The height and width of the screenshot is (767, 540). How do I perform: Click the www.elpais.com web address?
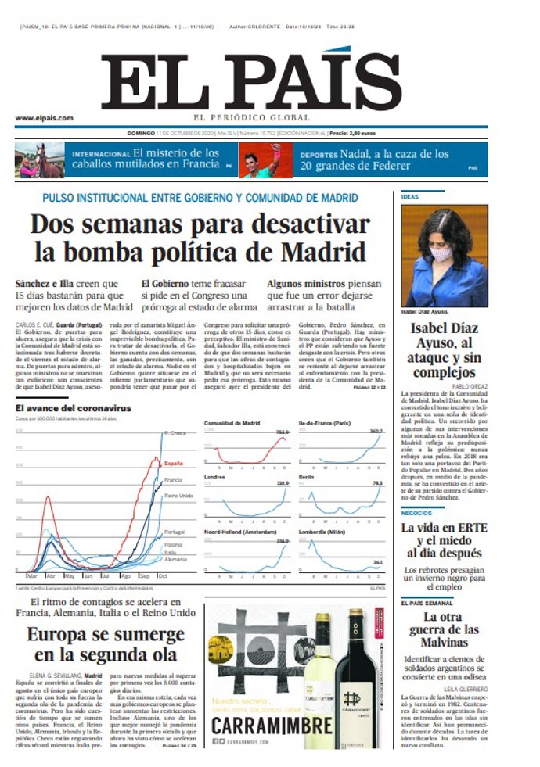pos(44,119)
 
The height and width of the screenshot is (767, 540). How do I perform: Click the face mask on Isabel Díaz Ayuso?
pos(441,254)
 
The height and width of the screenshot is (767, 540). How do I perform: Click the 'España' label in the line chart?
pos(173,463)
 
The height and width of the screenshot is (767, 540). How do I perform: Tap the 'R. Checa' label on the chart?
pos(175,432)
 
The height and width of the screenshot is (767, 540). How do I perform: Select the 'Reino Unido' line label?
pos(179,496)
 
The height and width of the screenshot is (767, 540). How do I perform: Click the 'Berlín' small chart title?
pos(307,475)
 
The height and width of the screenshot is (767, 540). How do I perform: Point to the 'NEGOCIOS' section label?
pos(416,513)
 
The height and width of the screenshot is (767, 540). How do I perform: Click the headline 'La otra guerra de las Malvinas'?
pos(445,629)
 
